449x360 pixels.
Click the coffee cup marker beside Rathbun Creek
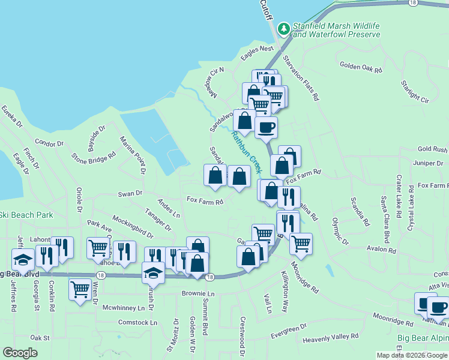pos(266,127)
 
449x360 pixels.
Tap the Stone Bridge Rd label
pos(94,158)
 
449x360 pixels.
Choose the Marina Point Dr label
pos(134,155)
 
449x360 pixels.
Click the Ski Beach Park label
pos(26,215)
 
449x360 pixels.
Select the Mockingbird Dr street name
pos(133,224)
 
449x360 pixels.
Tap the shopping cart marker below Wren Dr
pos(80,289)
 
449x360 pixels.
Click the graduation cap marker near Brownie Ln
pos(153,273)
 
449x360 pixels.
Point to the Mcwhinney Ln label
pos(124,308)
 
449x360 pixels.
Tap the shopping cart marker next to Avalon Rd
pos(301,244)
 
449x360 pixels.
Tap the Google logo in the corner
pos(20,353)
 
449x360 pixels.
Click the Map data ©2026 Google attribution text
pos(412,355)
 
